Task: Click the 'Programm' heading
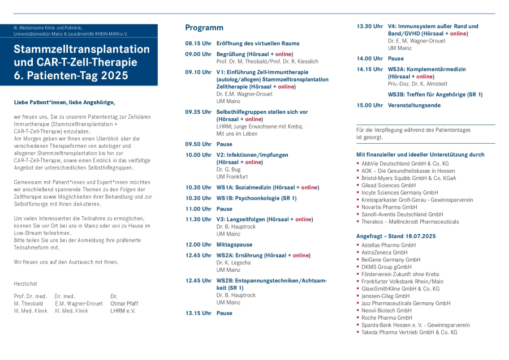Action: point(204,28)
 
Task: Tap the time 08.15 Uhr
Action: point(199,44)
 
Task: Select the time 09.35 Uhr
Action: point(199,112)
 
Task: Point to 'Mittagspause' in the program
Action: point(234,245)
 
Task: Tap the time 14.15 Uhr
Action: point(370,69)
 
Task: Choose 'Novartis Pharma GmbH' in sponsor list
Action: point(389,207)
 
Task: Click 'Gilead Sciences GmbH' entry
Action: point(388,186)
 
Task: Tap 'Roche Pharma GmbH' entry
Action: point(387,318)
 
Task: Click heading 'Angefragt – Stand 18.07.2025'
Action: point(396,236)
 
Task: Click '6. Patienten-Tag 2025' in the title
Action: point(71,75)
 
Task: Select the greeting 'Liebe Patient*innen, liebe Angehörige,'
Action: point(64,102)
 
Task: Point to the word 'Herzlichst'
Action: point(26,284)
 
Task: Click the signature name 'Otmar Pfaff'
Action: point(124,303)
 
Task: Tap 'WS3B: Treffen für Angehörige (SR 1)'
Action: point(435,95)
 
